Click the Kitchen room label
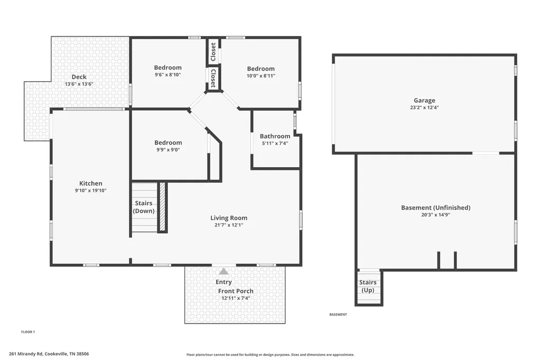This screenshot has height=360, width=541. [91, 184]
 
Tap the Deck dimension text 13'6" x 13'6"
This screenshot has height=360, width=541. [79, 84]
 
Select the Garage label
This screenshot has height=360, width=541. [424, 100]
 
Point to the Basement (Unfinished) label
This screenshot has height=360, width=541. [436, 207]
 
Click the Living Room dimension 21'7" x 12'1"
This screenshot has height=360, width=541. [229, 225]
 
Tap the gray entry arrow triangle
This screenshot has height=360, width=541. [223, 271]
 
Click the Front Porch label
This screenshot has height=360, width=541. [236, 291]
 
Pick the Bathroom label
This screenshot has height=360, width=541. [275, 136]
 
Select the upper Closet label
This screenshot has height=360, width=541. [213, 52]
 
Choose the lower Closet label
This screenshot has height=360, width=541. [213, 78]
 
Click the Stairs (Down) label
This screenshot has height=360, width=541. [144, 207]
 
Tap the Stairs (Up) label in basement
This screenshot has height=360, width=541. [368, 286]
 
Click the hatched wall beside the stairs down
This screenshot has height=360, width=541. [162, 207]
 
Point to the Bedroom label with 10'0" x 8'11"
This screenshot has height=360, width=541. [261, 69]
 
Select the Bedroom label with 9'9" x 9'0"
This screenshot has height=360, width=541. [168, 143]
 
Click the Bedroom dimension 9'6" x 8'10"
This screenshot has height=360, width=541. [168, 75]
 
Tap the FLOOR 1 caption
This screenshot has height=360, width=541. [28, 332]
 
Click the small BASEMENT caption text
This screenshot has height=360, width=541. [338, 315]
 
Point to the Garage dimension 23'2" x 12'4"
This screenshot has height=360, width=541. [424, 108]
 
